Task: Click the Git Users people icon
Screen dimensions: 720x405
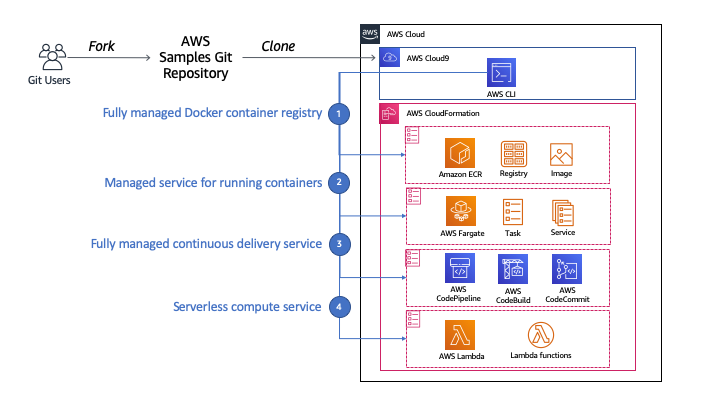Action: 52,57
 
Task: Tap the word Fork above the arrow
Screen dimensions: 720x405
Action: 101,46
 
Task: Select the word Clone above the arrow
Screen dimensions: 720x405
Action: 278,46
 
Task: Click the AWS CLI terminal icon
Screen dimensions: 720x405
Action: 501,73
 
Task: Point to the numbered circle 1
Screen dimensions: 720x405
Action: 339,113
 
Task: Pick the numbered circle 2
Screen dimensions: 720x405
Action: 339,182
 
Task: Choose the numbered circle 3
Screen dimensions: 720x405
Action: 339,244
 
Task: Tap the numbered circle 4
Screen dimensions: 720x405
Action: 339,307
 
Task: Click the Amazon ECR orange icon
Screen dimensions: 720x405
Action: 460,153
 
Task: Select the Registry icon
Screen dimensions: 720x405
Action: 513,154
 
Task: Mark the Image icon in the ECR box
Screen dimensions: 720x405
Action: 561,154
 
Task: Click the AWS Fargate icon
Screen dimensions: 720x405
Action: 461,211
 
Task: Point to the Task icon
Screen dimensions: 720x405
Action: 513,212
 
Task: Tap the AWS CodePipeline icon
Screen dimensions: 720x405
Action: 460,268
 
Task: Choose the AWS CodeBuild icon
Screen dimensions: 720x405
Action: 513,269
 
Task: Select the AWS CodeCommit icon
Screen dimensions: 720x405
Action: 567,269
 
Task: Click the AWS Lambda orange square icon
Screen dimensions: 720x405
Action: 460,335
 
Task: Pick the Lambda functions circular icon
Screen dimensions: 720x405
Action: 540,335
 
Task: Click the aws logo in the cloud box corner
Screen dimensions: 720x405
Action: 370,34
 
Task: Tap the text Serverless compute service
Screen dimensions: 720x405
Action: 247,307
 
